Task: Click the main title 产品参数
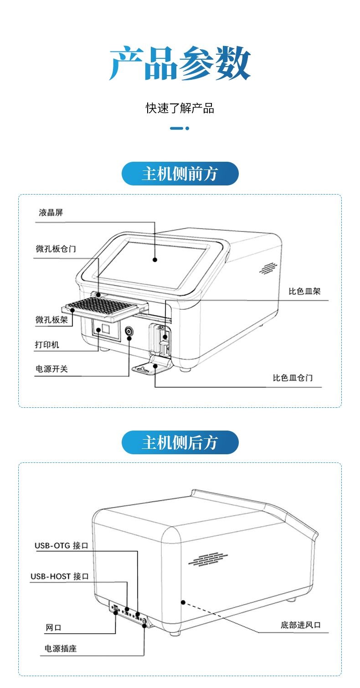coord(180,64)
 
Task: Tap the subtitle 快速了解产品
coord(180,108)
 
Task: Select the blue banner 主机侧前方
coord(180,174)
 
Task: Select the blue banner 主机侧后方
coord(180,442)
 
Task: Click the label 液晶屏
coord(51,213)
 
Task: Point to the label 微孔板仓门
coord(56,249)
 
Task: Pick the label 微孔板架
coord(51,320)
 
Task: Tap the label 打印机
coord(47,344)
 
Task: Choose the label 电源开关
coord(51,369)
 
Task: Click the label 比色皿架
coord(304,291)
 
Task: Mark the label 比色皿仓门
coord(293,378)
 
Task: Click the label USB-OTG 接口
coord(61,545)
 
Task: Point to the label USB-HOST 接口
coord(59,576)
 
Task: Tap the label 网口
coord(53,627)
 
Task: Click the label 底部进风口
coord(300,625)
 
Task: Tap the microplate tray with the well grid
coord(103,309)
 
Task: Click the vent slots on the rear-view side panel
coord(208,559)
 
